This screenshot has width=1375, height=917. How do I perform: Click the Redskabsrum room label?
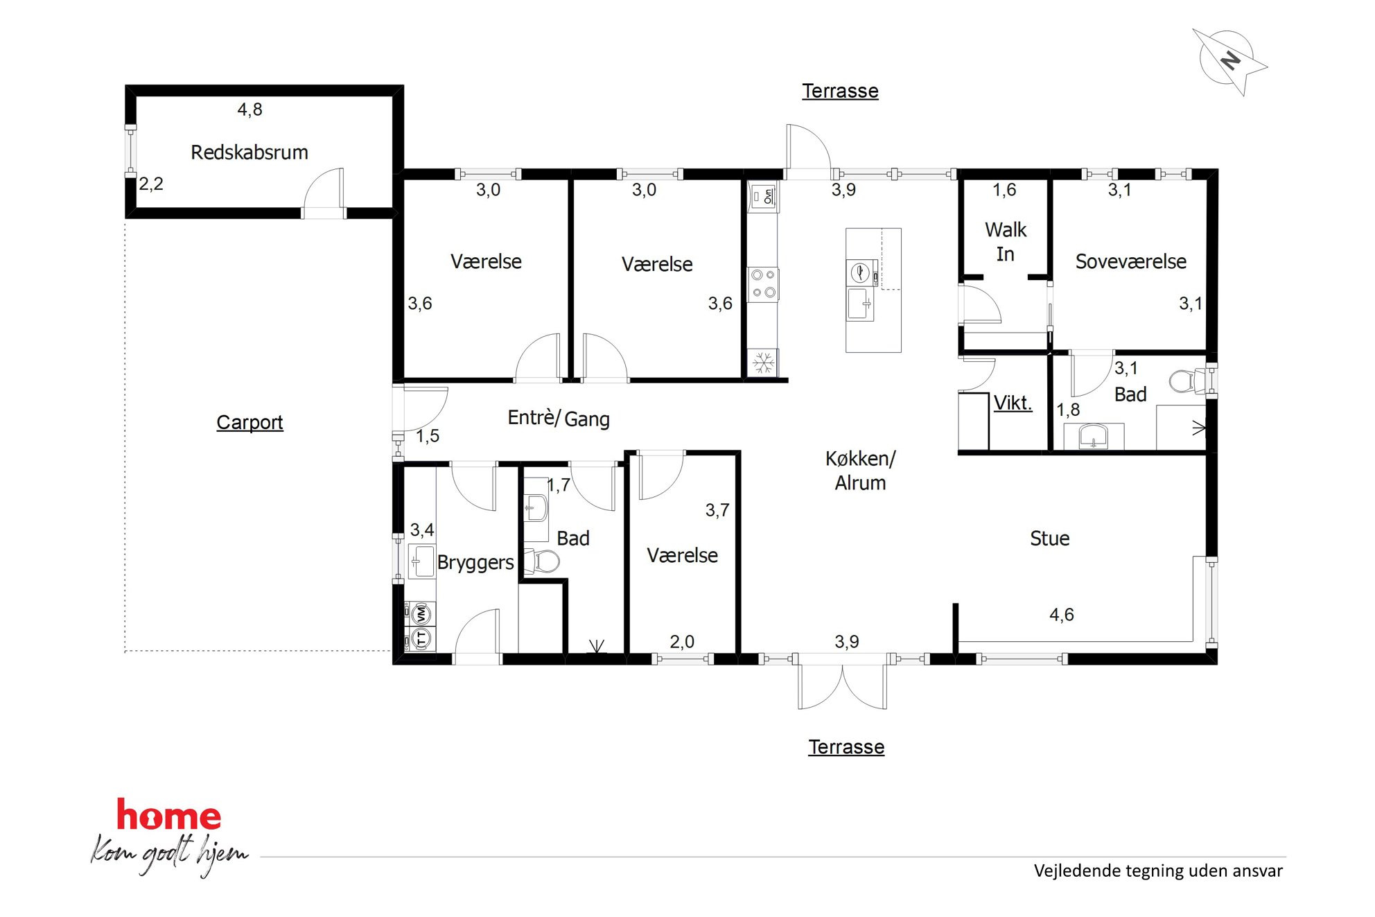249,152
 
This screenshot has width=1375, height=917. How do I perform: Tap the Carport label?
249,422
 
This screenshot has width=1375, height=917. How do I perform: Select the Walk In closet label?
1006,242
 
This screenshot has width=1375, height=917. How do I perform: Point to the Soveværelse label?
1131,262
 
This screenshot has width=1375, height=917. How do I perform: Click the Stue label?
1050,539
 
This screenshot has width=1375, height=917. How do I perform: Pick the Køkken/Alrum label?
861,471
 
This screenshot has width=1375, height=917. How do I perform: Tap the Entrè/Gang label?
559,418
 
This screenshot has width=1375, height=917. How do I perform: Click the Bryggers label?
475,562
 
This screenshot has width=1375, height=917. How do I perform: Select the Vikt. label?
1013,403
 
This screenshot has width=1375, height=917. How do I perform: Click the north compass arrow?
1230,61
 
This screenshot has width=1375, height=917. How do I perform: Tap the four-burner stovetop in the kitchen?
763,284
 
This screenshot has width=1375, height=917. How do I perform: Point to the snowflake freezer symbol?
763,363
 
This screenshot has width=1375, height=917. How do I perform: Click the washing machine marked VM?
421,614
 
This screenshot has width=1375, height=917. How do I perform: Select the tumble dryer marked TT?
421,638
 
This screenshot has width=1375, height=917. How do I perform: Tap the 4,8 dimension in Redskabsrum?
249,110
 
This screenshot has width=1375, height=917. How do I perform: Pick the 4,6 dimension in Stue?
1062,615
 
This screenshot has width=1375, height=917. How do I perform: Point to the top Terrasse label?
840,91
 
